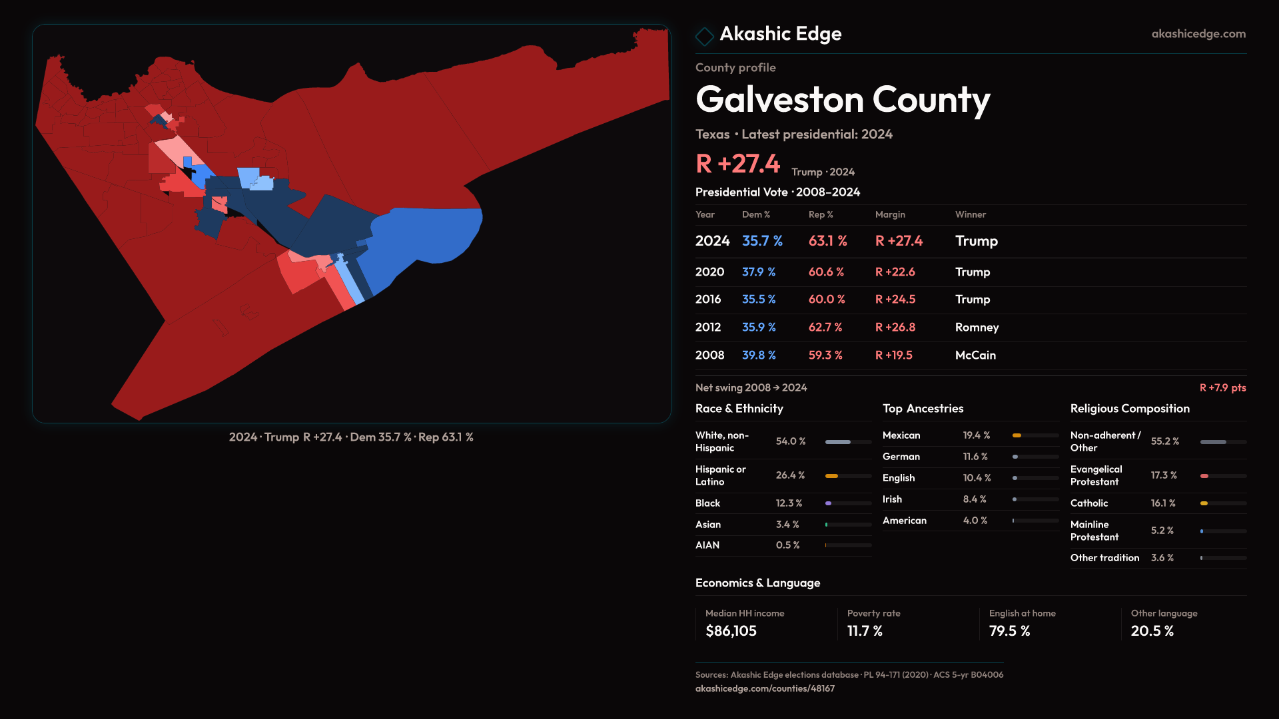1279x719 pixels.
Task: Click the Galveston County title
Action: pyautogui.click(x=843, y=100)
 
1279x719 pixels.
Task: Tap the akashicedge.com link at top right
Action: pyautogui.click(x=1198, y=34)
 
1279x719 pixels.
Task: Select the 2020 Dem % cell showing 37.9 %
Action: pyautogui.click(x=759, y=272)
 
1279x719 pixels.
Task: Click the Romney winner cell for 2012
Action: pyautogui.click(x=977, y=328)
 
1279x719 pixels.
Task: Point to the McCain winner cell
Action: pyautogui.click(x=975, y=356)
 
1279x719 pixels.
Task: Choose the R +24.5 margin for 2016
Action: pyautogui.click(x=895, y=300)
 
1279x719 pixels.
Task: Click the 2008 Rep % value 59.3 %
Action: pyautogui.click(x=825, y=356)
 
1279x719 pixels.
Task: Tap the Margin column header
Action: pyautogui.click(x=890, y=214)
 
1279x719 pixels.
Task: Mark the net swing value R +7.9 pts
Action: pyautogui.click(x=1222, y=387)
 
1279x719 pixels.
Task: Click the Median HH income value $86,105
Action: pyautogui.click(x=731, y=631)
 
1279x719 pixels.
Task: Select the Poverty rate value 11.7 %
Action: pyautogui.click(x=865, y=631)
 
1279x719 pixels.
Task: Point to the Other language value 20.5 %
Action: pyautogui.click(x=1152, y=631)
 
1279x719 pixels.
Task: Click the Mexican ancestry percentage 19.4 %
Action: pyautogui.click(x=976, y=435)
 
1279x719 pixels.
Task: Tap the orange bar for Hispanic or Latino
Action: pyautogui.click(x=831, y=476)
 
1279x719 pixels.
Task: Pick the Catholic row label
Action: pyautogui.click(x=1088, y=503)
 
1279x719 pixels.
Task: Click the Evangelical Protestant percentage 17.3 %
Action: pyautogui.click(x=1164, y=475)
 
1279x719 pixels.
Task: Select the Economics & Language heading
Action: pyautogui.click(x=757, y=583)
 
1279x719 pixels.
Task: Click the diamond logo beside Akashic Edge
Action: pyautogui.click(x=704, y=36)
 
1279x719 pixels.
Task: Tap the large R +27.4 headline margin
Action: pyautogui.click(x=737, y=164)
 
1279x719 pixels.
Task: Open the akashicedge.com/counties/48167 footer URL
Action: pyautogui.click(x=765, y=688)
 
